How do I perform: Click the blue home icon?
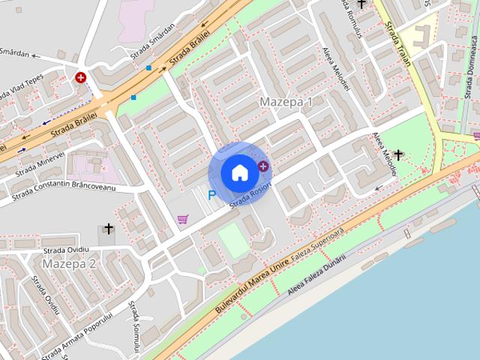coord(239,172)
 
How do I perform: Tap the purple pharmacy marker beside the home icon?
coord(263,166)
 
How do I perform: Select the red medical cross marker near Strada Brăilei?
coord(80,77)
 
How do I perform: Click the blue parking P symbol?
coord(211,196)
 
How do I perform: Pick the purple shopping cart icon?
coord(182,219)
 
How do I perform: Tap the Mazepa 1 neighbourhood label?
coord(286,101)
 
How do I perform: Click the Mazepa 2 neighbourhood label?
coord(69,264)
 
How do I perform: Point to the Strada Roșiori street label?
coord(250,194)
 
